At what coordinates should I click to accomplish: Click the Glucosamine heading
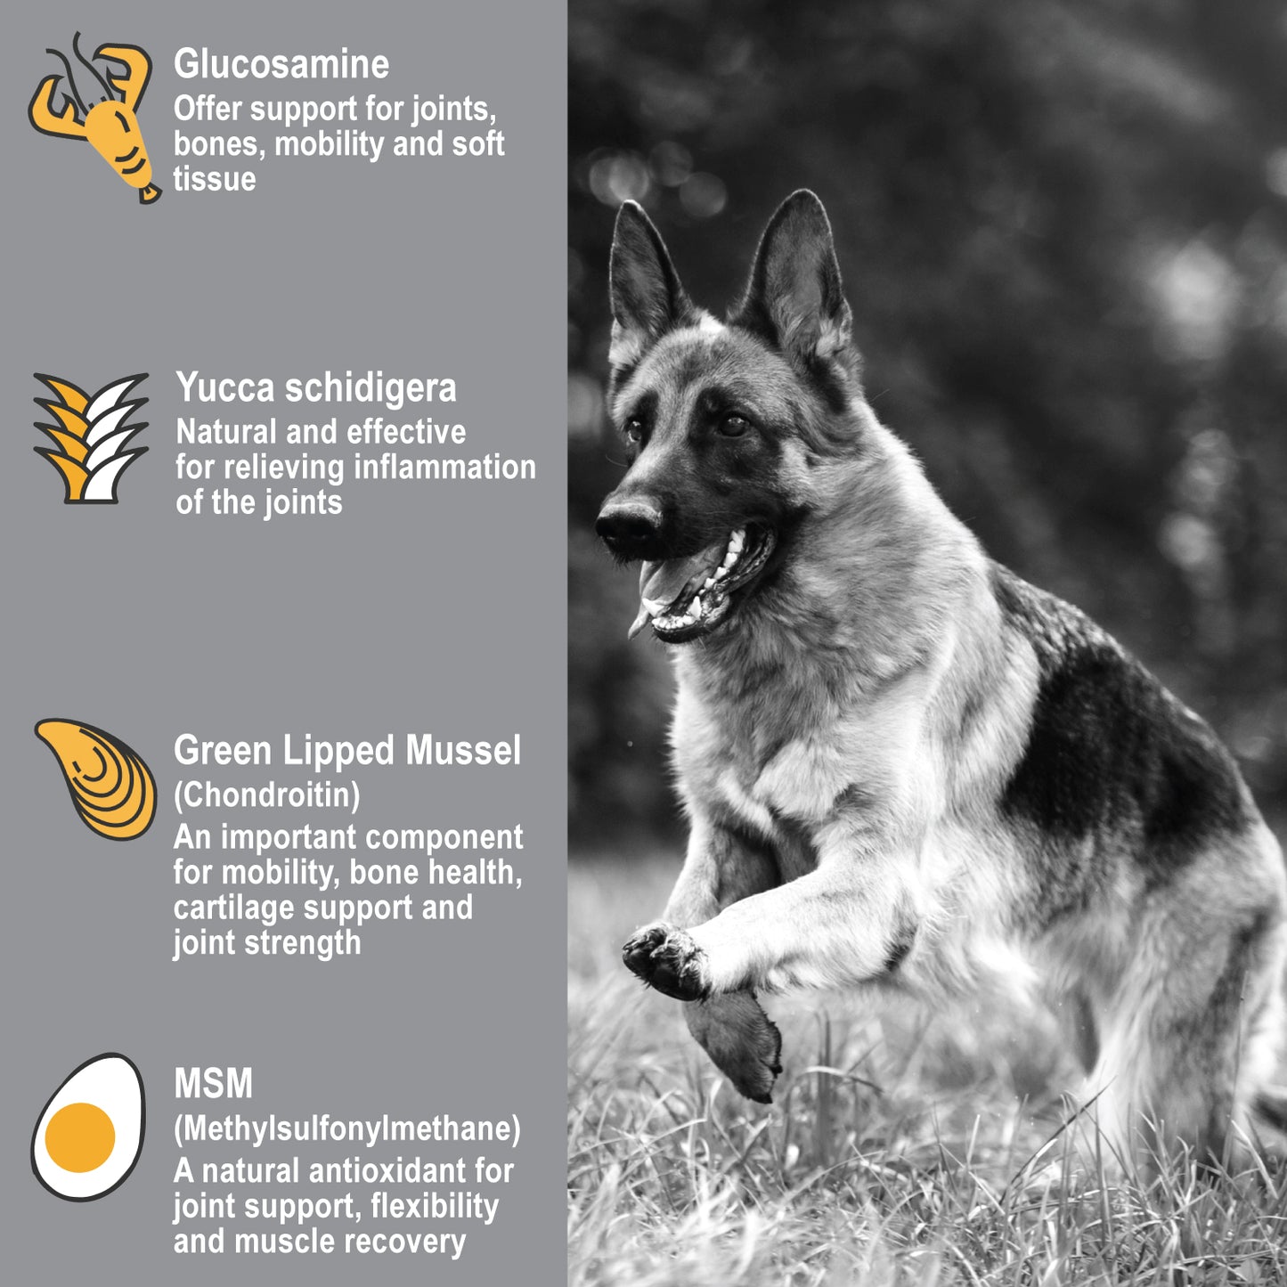pyautogui.click(x=281, y=65)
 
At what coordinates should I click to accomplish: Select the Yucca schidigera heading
pyautogui.click(x=316, y=387)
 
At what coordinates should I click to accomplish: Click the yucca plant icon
pyautogui.click(x=91, y=437)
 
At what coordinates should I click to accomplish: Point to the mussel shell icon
pyautogui.click(x=96, y=778)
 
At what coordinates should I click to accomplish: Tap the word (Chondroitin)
pyautogui.click(x=267, y=794)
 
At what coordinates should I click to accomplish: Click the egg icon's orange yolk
pyautogui.click(x=79, y=1137)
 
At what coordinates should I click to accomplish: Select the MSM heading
pyautogui.click(x=213, y=1083)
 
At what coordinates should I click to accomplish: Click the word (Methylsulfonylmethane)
pyautogui.click(x=347, y=1128)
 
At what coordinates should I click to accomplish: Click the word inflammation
pyautogui.click(x=444, y=467)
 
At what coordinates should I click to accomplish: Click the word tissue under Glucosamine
pyautogui.click(x=215, y=179)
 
